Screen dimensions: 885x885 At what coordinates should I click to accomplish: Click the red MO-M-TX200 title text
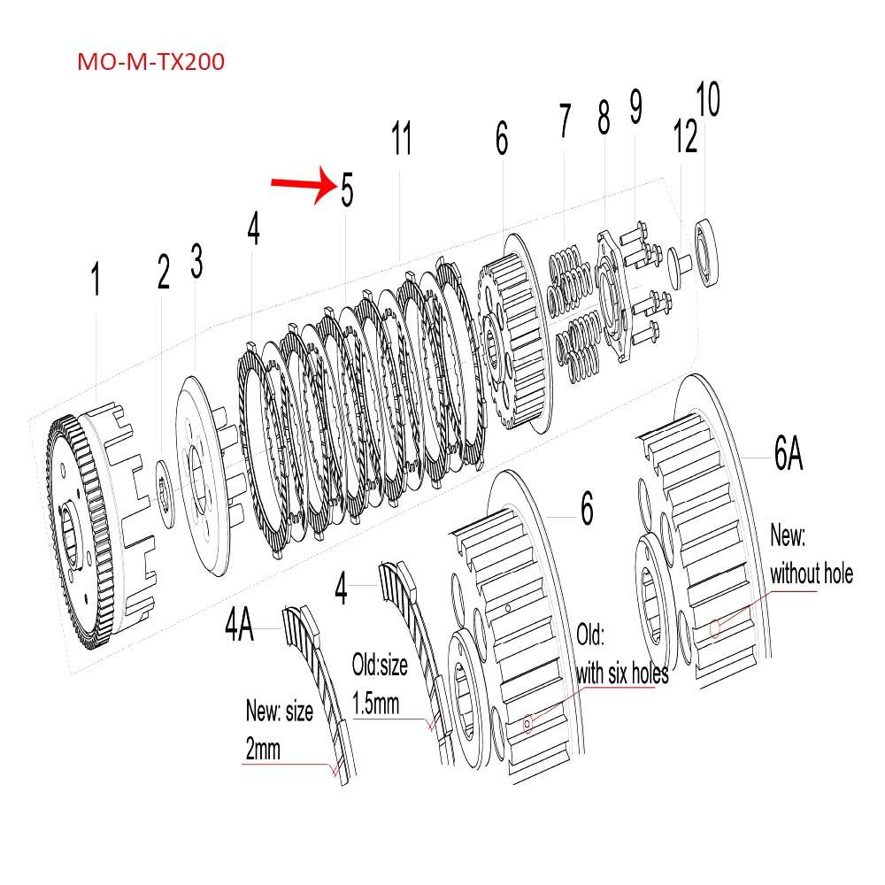point(150,62)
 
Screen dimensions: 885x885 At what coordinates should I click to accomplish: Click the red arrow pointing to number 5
point(301,185)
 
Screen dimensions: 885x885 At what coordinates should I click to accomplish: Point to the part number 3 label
point(197,262)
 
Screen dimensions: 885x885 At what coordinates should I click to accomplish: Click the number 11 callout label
point(403,139)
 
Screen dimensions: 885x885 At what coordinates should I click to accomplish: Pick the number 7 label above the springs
point(565,122)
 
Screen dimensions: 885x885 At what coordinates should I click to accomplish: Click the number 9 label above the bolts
point(636,108)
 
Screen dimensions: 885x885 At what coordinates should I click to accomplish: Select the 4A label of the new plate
point(239,626)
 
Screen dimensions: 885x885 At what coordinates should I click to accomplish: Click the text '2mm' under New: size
point(263,750)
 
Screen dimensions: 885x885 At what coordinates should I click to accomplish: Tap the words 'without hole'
point(812,573)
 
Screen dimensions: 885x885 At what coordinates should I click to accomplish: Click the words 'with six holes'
point(622,673)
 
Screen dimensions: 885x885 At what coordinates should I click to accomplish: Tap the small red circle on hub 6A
point(715,629)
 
